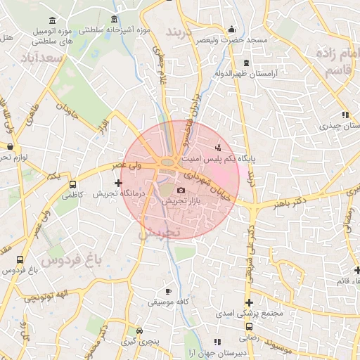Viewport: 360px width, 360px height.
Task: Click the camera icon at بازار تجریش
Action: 181,191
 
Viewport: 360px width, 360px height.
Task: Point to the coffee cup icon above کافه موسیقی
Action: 167,291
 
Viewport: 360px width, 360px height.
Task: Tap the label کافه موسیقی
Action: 166,302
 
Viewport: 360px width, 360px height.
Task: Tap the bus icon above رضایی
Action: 250,326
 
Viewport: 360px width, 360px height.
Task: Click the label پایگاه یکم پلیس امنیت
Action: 257,159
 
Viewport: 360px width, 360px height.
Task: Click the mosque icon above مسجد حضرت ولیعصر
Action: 231,30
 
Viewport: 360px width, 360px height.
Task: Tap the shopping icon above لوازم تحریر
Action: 10,146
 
